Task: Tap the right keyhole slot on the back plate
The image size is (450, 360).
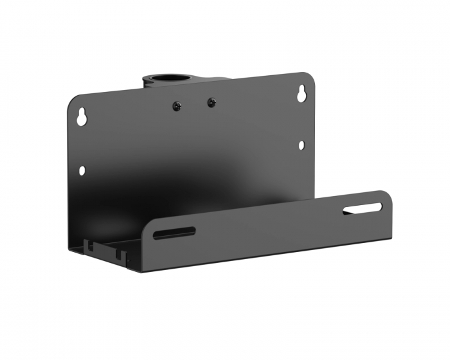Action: tap(301, 94)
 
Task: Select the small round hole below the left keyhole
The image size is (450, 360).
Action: tap(82, 170)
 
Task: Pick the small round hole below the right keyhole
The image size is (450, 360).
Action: tap(301, 145)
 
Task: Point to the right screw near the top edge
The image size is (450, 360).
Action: tap(211, 102)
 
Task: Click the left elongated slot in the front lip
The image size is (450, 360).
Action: tap(174, 232)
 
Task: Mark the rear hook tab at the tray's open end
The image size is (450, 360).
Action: tap(89, 245)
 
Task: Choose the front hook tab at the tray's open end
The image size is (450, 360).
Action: tap(120, 253)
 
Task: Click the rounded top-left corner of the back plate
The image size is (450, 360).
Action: tap(72, 100)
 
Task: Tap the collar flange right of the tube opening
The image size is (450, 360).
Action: tap(215, 80)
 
